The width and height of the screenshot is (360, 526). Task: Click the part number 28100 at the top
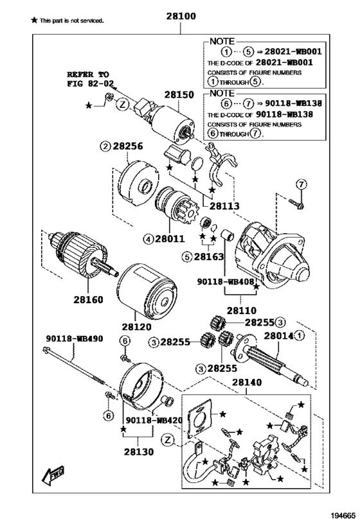[181, 16]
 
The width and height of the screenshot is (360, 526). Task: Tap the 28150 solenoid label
[179, 95]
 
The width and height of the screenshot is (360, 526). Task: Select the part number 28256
[128, 146]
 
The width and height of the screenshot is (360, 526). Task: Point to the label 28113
[225, 206]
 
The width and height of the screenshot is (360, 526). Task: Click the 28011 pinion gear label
[170, 239]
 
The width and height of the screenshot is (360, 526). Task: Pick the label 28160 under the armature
[88, 299]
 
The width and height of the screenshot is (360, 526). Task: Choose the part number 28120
[137, 326]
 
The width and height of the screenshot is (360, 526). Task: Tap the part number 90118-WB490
[75, 339]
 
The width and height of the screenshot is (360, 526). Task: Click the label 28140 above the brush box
[247, 382]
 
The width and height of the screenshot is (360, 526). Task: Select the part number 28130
[139, 451]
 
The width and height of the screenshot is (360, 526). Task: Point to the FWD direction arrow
[53, 477]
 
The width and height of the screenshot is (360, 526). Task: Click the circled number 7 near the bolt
[301, 184]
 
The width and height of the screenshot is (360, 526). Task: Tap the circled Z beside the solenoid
[123, 105]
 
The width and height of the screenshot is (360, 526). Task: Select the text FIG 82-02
[91, 83]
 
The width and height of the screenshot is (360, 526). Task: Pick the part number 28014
[279, 336]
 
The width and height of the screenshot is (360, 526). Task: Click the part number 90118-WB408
[226, 282]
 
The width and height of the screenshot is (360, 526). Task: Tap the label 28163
[209, 257]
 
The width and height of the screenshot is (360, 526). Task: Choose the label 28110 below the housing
[242, 311]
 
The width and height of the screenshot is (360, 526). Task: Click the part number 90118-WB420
[154, 421]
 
